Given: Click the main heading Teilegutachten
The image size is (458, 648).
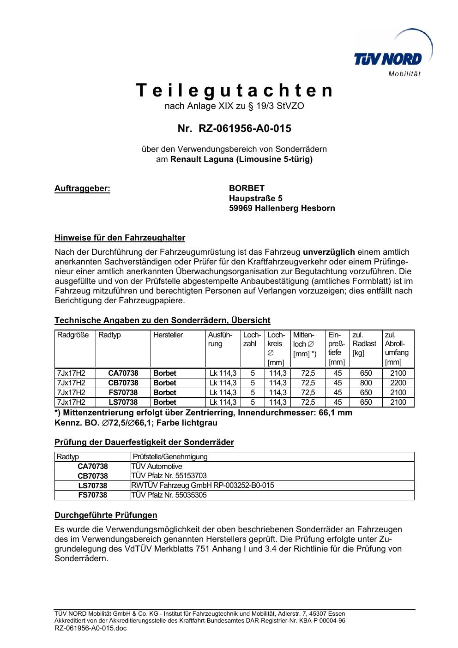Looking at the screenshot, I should pyautogui.click(x=235, y=90).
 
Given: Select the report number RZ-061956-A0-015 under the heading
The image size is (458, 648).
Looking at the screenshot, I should pyautogui.click(x=245, y=128).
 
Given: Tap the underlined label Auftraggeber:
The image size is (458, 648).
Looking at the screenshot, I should pyautogui.click(x=83, y=188).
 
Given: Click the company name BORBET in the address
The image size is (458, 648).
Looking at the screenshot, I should pyautogui.click(x=247, y=188).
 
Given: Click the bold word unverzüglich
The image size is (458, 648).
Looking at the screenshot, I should pyautogui.click(x=329, y=252).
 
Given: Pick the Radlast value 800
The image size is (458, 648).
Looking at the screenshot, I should pyautogui.click(x=366, y=383).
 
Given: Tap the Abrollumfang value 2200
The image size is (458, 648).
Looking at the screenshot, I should pyautogui.click(x=398, y=383).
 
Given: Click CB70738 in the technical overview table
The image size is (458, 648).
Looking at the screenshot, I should pyautogui.click(x=123, y=383).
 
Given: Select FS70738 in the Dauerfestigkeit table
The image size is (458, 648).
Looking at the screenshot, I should pyautogui.click(x=92, y=495).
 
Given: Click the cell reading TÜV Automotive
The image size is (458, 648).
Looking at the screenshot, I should pyautogui.click(x=157, y=467).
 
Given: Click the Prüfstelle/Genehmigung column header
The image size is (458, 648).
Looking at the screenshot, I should pyautogui.click(x=170, y=457).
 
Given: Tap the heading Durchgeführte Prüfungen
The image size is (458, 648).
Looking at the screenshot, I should pyautogui.click(x=106, y=515).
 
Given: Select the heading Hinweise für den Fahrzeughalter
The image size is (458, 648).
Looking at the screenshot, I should pyautogui.click(x=120, y=238).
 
